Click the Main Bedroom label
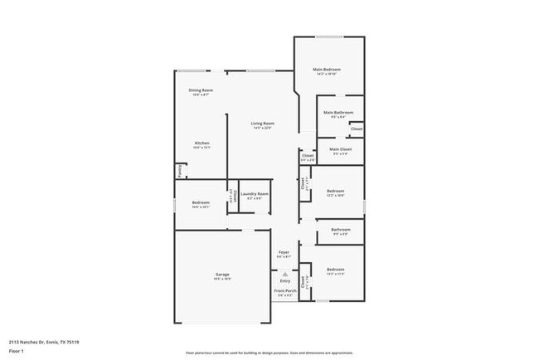[327, 69]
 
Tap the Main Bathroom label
[338, 112]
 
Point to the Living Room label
[263, 124]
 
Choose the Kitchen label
[202, 143]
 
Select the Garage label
[223, 274]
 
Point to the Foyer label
[284, 252]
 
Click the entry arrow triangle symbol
[284, 273]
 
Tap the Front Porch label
[284, 290]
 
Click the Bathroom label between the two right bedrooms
[341, 230]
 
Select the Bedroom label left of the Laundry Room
[201, 202]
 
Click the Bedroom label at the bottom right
[335, 270]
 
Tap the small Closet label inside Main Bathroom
[356, 129]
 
